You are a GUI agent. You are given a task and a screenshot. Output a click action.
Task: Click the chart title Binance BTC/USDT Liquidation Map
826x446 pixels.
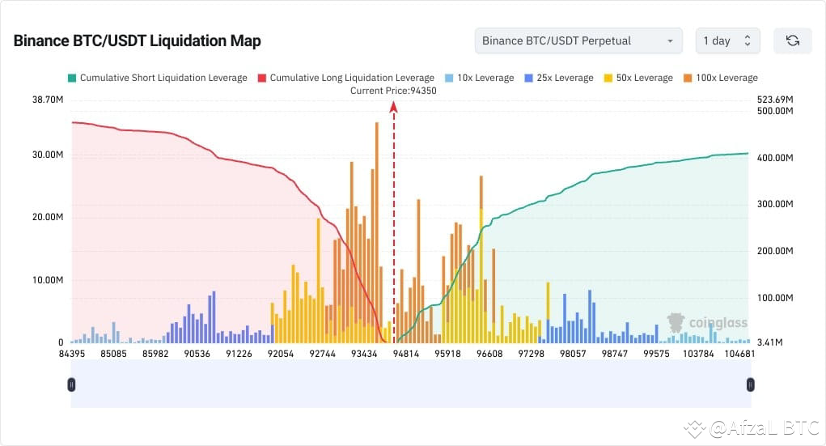(x=137, y=40)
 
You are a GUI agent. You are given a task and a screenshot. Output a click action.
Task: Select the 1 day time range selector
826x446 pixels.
(x=726, y=40)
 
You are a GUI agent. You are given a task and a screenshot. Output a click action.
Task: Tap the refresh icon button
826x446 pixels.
(x=792, y=40)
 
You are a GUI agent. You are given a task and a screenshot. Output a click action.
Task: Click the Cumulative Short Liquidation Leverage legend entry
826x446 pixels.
(x=158, y=78)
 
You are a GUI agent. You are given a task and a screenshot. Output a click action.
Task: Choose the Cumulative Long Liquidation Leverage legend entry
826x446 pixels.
(x=345, y=78)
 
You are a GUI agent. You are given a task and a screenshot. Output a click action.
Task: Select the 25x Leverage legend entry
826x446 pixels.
(x=559, y=78)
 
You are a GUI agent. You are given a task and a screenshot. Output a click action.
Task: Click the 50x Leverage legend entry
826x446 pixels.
(x=638, y=78)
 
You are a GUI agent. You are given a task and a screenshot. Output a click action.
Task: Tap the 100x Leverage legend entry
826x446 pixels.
(x=721, y=78)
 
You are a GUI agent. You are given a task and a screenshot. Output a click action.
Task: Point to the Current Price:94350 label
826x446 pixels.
(x=393, y=91)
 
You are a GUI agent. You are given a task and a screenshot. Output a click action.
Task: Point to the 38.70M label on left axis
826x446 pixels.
(x=47, y=100)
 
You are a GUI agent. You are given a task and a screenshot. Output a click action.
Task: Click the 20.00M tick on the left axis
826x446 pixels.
(x=47, y=217)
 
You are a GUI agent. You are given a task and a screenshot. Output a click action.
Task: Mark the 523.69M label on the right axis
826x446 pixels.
(x=775, y=100)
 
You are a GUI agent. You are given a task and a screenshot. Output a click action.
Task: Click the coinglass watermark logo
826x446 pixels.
(x=707, y=323)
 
